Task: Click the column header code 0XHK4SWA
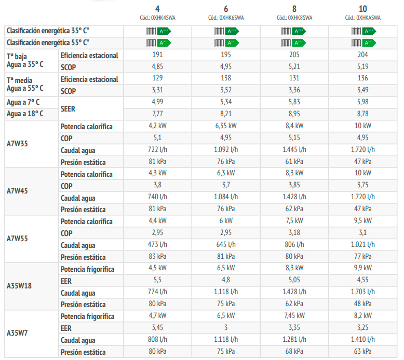coord(157,17)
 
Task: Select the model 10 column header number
coord(362,9)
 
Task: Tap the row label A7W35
coord(17,144)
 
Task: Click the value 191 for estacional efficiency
coord(157,55)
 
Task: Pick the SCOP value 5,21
coord(294,67)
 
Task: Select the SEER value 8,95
coord(294,113)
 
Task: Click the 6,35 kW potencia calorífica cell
coord(225,126)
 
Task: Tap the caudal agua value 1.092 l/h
coord(225,150)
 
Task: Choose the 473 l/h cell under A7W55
coord(157,245)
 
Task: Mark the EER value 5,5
coord(157,281)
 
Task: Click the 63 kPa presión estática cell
coord(362,352)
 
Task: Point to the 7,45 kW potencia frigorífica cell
coord(294,316)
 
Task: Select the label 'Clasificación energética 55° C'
coord(48,42)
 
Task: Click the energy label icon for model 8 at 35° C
coord(294,31)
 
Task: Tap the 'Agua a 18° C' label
coord(25,113)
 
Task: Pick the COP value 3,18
coord(294,233)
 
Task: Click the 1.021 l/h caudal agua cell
coord(362,245)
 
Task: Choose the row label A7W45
coord(17,191)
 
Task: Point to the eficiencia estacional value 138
coord(225,79)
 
